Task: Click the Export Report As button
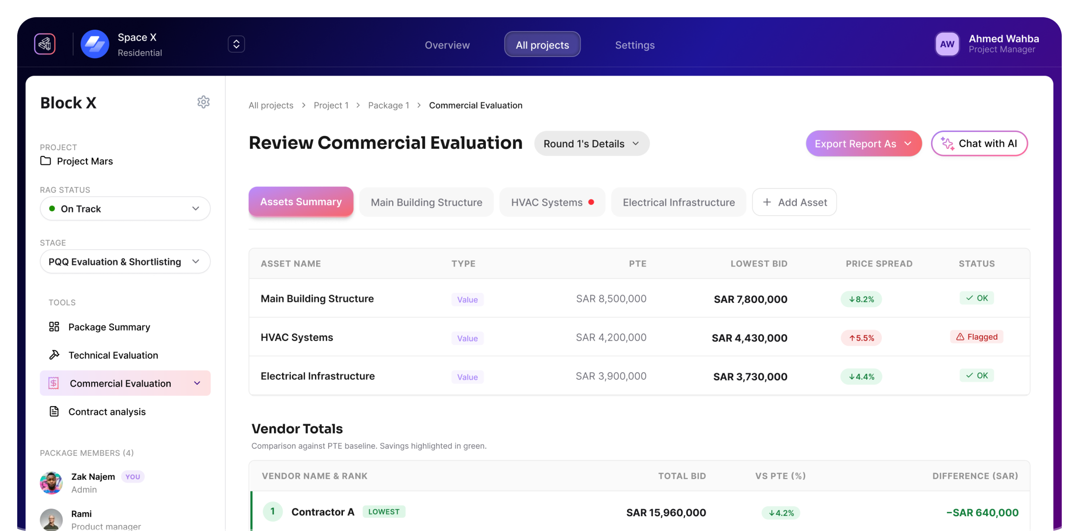863,144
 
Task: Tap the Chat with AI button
979,144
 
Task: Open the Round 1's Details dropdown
591,144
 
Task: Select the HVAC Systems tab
552,202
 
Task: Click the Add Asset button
794,202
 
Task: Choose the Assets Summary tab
301,202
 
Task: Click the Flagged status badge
976,337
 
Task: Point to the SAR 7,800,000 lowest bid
750,299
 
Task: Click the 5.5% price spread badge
861,338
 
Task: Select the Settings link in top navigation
635,45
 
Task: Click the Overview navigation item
447,45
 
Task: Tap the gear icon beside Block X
204,102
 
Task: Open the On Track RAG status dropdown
125,209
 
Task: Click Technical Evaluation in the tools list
113,355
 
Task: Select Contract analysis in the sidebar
107,411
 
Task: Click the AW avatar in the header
947,44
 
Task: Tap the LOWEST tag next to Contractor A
384,512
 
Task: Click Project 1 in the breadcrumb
331,105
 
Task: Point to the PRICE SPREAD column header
879,264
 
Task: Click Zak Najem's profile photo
51,483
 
